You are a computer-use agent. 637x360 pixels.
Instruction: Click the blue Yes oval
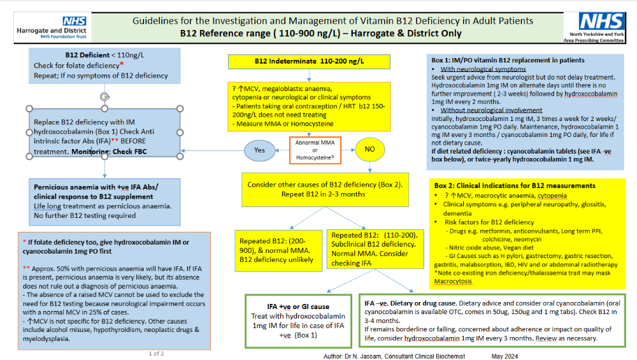click(x=259, y=150)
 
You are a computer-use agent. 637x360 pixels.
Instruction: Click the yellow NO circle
click(x=369, y=149)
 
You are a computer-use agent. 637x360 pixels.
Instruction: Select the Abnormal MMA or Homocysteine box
click(x=315, y=150)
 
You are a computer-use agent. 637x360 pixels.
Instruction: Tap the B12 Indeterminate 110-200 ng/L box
click(x=309, y=61)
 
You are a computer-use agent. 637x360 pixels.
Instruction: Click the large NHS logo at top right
click(x=601, y=21)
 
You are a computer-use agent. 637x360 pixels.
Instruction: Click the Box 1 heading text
click(x=508, y=60)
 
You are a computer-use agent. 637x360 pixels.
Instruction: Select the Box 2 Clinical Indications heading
click(x=515, y=185)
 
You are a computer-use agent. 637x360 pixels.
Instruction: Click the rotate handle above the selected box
click(x=105, y=97)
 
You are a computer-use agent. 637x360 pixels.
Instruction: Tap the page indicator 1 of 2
click(x=157, y=354)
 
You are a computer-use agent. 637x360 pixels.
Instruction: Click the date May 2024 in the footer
click(x=505, y=356)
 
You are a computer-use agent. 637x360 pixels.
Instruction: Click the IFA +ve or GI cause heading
click(x=298, y=306)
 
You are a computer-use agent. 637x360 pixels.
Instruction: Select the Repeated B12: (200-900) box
click(x=278, y=250)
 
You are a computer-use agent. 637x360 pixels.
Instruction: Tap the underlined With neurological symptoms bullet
click(x=483, y=69)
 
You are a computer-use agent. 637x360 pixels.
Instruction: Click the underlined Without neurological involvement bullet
click(x=491, y=110)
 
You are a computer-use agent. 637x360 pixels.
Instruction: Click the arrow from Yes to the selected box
click(x=213, y=151)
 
